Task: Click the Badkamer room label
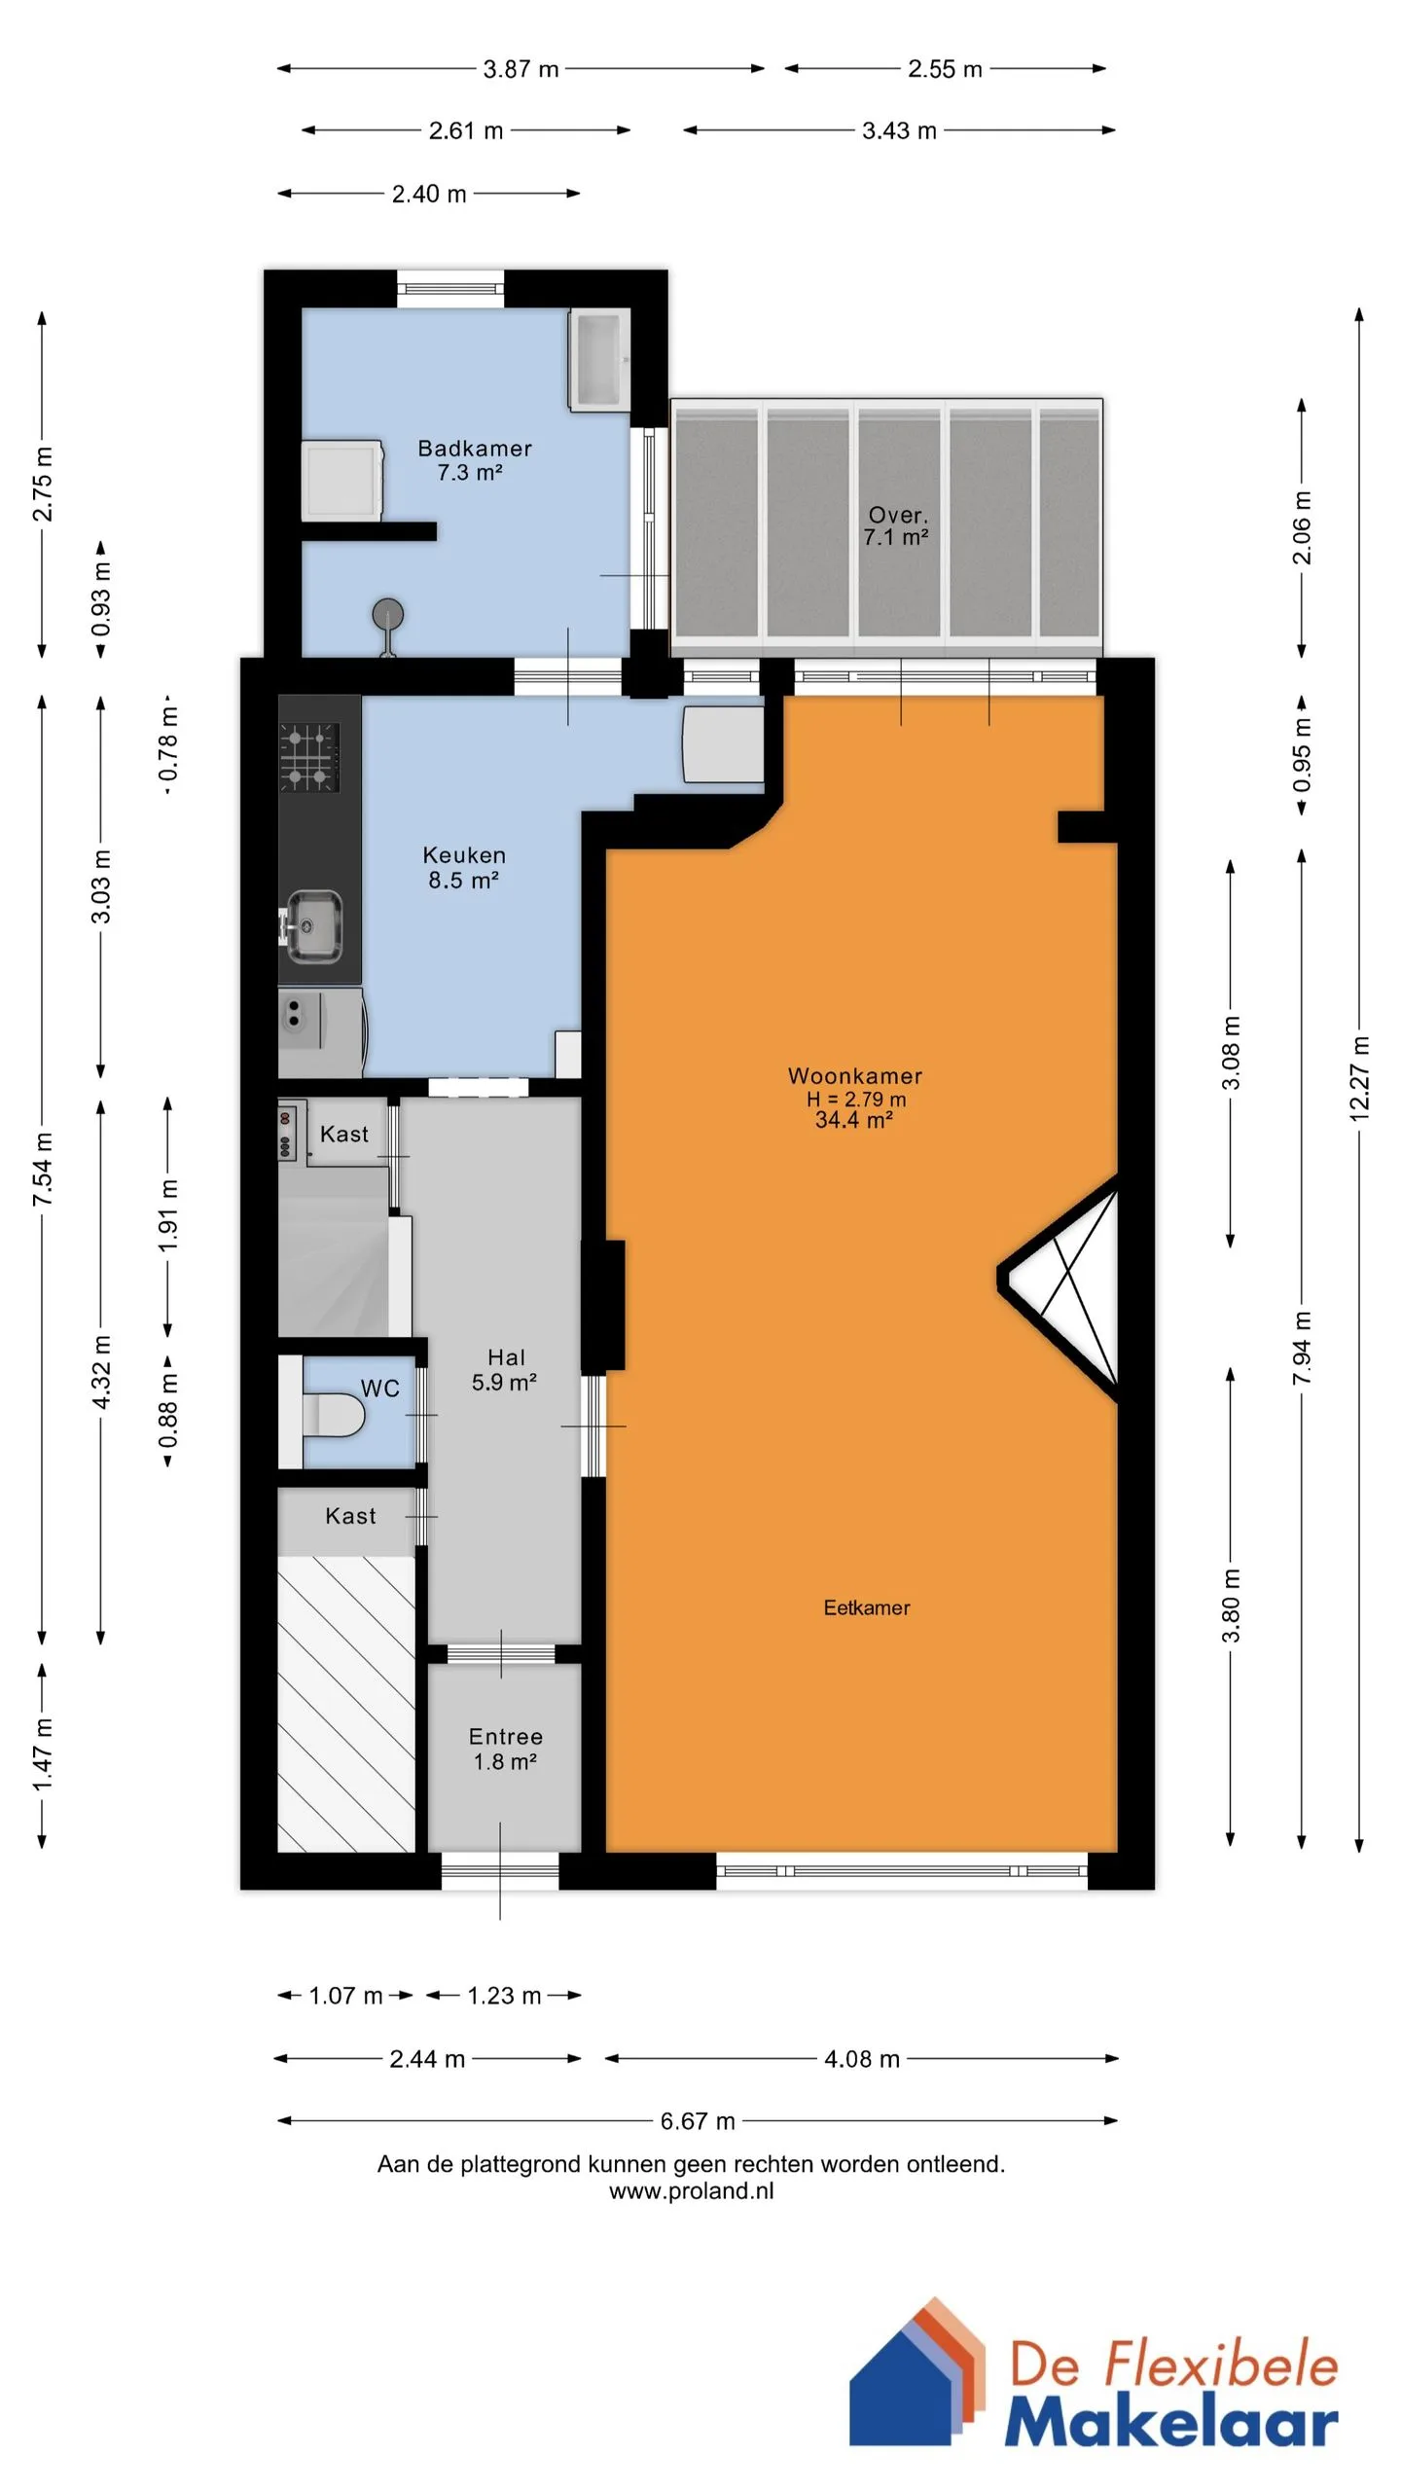(x=475, y=449)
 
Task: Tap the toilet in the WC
(x=334, y=1413)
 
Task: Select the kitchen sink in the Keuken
(x=313, y=925)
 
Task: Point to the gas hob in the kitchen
(x=309, y=757)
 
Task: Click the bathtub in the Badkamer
(x=599, y=359)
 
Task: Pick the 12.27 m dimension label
(x=1359, y=1079)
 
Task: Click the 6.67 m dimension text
(x=698, y=2120)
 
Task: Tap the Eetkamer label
(x=867, y=1607)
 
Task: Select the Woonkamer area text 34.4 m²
(x=854, y=1120)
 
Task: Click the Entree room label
(x=506, y=1737)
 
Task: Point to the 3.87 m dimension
(x=521, y=69)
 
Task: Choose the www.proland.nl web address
(x=692, y=2190)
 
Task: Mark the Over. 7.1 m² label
(x=896, y=525)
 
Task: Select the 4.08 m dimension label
(x=862, y=2058)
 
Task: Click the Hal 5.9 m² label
(x=505, y=1369)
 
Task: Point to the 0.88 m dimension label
(x=168, y=1410)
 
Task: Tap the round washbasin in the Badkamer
(x=388, y=614)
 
